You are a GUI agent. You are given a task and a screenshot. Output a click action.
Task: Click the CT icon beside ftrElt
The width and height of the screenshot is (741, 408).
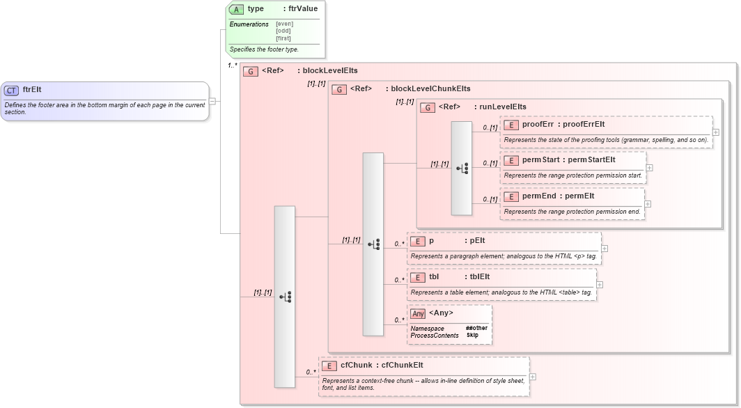[x=12, y=91]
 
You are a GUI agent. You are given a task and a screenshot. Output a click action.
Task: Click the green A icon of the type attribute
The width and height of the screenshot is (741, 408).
[x=237, y=10]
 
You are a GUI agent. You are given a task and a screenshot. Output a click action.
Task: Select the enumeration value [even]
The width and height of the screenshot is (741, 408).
[x=284, y=24]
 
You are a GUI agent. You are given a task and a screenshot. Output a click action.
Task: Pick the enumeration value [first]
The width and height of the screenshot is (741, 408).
[x=284, y=38]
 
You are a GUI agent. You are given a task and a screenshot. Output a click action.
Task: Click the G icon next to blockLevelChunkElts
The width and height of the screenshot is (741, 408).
[x=339, y=89]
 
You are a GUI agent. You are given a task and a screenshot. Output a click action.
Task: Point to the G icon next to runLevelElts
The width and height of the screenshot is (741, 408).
[x=428, y=107]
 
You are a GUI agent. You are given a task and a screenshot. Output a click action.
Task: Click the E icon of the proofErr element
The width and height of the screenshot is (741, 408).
[x=511, y=125]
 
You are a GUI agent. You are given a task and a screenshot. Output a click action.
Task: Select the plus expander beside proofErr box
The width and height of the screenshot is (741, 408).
[x=716, y=132]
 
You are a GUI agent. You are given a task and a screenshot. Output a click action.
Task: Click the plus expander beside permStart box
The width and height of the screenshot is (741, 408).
[x=649, y=167]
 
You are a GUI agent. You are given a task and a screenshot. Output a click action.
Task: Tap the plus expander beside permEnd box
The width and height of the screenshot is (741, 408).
[x=648, y=204]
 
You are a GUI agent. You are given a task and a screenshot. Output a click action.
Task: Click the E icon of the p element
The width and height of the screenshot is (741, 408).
[x=418, y=241]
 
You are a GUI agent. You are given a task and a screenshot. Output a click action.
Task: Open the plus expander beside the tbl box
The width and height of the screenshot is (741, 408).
[x=600, y=284]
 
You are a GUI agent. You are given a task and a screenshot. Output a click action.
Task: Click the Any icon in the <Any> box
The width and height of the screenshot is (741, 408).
[x=418, y=313]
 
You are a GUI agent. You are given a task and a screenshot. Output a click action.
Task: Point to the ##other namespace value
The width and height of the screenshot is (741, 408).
[x=476, y=328]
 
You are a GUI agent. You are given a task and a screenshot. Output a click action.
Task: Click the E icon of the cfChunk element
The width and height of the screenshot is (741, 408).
[x=329, y=366]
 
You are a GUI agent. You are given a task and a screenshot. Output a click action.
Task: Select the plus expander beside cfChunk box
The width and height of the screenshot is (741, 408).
[x=533, y=377]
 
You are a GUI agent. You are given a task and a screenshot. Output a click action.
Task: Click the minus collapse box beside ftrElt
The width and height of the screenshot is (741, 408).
[x=212, y=101]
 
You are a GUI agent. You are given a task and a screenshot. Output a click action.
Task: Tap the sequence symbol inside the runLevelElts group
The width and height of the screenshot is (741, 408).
[x=462, y=168]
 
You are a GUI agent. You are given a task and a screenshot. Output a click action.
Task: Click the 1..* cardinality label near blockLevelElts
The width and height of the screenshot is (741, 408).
[x=232, y=65]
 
